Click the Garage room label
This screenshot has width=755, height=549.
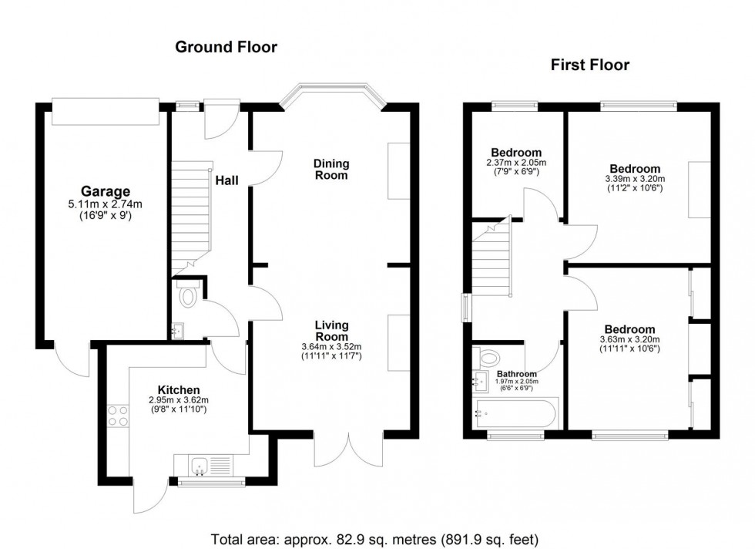pos(106,191)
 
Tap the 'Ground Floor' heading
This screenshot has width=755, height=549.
pos(226,48)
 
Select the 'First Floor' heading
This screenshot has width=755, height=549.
pos(589,66)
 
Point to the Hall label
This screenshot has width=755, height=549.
pos(226,180)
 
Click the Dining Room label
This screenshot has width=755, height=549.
pos(331,170)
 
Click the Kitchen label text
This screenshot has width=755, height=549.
pos(179,389)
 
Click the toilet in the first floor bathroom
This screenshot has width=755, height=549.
pos(488,356)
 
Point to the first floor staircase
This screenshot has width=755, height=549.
pos(492,258)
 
